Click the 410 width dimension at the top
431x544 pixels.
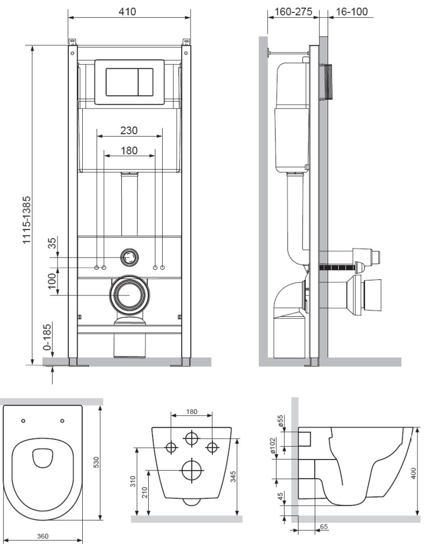pyautogui.click(x=128, y=11)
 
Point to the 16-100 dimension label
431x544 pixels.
pyautogui.click(x=352, y=11)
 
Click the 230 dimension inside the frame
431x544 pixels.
pyautogui.click(x=129, y=130)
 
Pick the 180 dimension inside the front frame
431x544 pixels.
pyautogui.click(x=129, y=151)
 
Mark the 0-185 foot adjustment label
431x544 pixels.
pyautogui.click(x=48, y=336)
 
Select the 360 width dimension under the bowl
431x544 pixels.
pyautogui.click(x=42, y=536)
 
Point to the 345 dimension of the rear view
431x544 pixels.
pyautogui.click(x=233, y=476)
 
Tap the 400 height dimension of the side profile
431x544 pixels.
pyautogui.click(x=413, y=473)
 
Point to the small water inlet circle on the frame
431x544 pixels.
pyautogui.click(x=129, y=257)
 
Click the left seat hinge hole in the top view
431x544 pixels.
pyautogui.click(x=23, y=420)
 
